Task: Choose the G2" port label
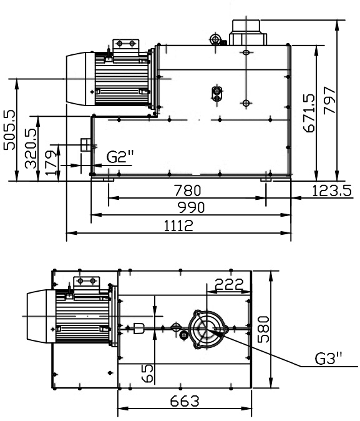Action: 120,157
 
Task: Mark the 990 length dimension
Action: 192,207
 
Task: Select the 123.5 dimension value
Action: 332,191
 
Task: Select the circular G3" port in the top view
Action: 206,327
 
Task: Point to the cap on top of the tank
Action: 248,31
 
